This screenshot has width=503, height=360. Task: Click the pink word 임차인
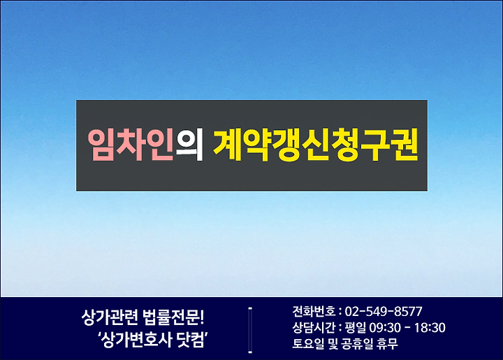click(131, 145)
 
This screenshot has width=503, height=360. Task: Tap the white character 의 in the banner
click(189, 145)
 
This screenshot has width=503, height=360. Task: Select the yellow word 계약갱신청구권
click(316, 145)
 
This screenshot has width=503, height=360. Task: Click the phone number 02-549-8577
click(384, 311)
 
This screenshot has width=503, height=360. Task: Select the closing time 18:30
click(430, 328)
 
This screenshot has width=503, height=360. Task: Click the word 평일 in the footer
click(355, 328)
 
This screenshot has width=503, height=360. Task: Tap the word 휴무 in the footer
click(388, 344)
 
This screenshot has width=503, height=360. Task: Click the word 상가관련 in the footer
click(110, 317)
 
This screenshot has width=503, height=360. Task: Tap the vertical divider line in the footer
click(250, 330)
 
